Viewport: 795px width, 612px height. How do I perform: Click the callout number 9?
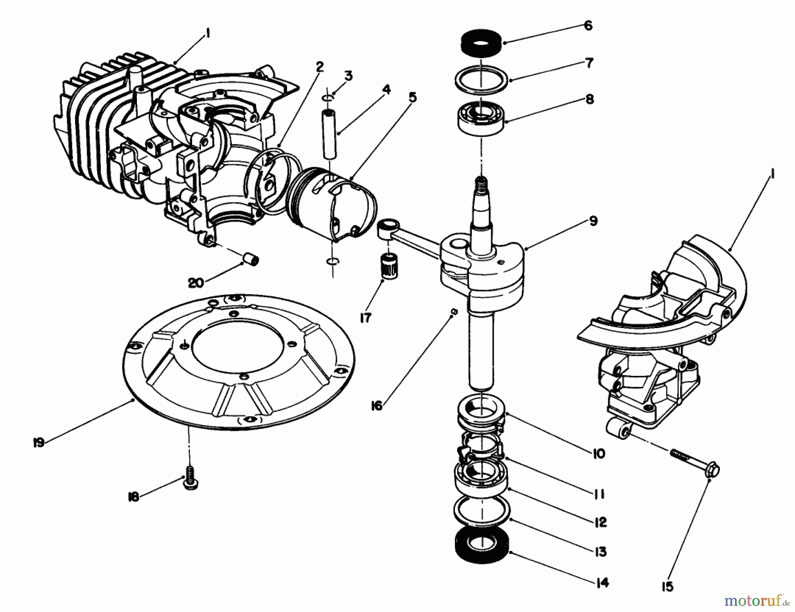click(593, 221)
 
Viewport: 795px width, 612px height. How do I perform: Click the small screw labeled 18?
click(190, 483)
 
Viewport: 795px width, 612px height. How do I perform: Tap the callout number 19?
click(38, 442)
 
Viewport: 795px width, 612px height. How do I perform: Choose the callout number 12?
click(600, 522)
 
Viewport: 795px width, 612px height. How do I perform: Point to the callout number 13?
click(600, 552)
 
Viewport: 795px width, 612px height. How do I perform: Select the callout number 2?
click(319, 67)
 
